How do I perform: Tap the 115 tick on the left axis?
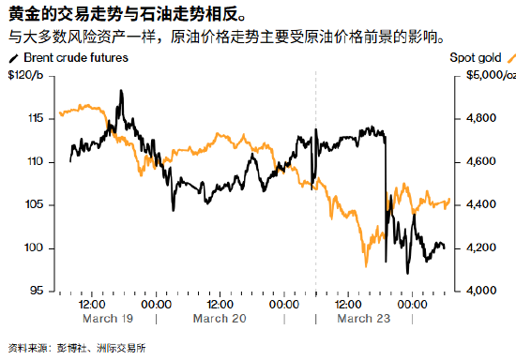point(37,119)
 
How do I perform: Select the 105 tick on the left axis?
point(37,205)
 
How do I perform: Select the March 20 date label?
point(218,319)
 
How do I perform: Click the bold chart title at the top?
point(122,15)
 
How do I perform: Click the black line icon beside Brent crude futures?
point(12,58)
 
